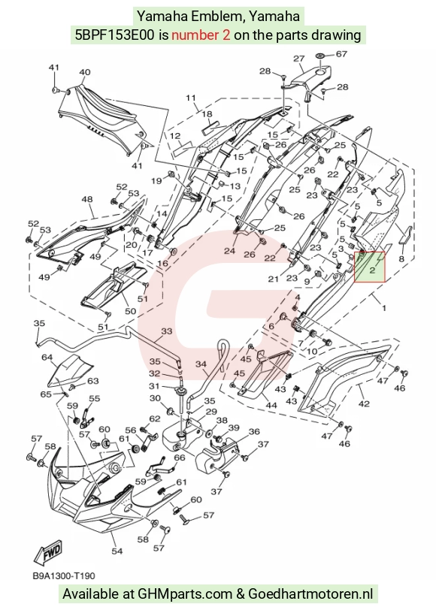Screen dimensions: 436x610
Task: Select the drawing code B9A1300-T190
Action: pyautogui.click(x=64, y=575)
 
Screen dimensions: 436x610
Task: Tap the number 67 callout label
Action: pyautogui.click(x=341, y=53)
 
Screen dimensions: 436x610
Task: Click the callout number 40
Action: pyautogui.click(x=85, y=72)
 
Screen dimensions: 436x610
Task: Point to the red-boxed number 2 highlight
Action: pyautogui.click(x=369, y=267)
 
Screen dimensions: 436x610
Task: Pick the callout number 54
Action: pyautogui.click(x=117, y=551)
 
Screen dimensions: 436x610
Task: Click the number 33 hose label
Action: pyautogui.click(x=167, y=331)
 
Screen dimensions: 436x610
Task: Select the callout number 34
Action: pyautogui.click(x=201, y=364)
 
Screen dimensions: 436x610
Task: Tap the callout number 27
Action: pyautogui.click(x=299, y=59)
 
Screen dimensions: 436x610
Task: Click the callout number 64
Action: pyautogui.click(x=47, y=357)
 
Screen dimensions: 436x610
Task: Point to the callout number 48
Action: pyautogui.click(x=86, y=199)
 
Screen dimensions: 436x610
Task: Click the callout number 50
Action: pyautogui.click(x=130, y=311)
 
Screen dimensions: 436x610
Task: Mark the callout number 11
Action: pyautogui.click(x=191, y=98)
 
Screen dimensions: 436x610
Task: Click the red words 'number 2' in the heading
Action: pyautogui.click(x=201, y=35)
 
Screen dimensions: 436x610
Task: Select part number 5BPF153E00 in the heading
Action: pyautogui.click(x=115, y=35)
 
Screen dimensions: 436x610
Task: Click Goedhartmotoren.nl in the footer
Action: pyautogui.click(x=310, y=594)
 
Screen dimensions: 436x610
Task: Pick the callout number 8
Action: pyautogui.click(x=401, y=258)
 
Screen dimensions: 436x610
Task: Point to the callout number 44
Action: pyautogui.click(x=271, y=406)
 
